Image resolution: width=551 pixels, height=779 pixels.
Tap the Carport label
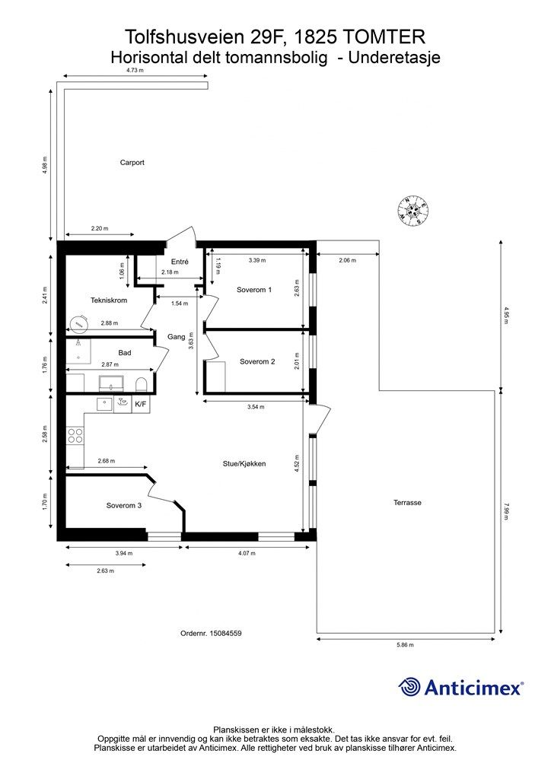(x=132, y=163)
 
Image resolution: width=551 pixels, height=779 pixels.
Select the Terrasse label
(x=407, y=502)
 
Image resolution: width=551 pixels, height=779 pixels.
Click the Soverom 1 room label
(x=254, y=290)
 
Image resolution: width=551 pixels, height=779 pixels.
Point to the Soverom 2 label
(x=257, y=361)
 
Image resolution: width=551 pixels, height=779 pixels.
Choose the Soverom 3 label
(x=124, y=505)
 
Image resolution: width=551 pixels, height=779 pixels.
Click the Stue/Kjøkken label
(x=244, y=463)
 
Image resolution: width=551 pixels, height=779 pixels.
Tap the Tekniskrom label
(x=109, y=300)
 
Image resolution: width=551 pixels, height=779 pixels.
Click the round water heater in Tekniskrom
(x=78, y=324)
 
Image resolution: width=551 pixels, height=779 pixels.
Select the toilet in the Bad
(x=142, y=384)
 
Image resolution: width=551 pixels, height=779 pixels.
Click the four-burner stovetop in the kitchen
(x=75, y=436)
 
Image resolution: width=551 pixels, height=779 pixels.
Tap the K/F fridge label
(x=141, y=405)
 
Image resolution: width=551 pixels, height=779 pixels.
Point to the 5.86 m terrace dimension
(x=405, y=645)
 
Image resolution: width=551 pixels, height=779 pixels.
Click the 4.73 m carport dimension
(x=135, y=71)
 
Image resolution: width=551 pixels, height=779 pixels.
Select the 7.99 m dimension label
(x=506, y=511)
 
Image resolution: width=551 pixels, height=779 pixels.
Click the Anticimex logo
(x=461, y=687)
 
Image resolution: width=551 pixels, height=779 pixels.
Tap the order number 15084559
(x=225, y=634)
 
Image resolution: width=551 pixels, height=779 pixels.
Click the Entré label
(x=180, y=262)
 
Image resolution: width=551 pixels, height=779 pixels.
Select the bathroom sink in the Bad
(x=111, y=383)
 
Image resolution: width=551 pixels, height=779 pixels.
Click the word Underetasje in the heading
(x=394, y=58)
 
